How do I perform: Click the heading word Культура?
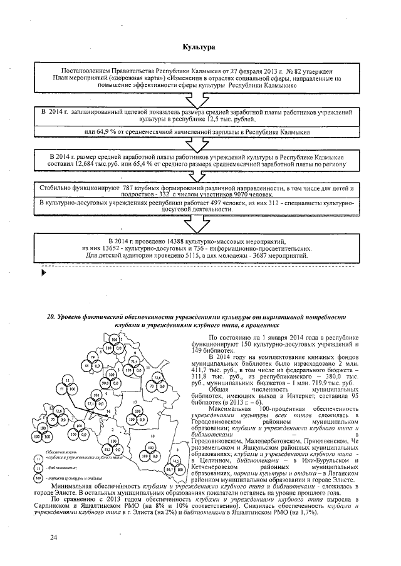click(199, 47)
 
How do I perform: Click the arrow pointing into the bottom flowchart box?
click(199, 224)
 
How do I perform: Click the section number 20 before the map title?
click(51, 318)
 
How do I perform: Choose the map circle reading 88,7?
click(169, 468)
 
